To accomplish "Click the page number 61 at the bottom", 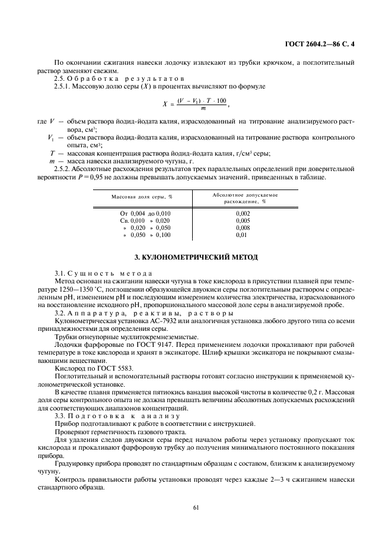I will tap(196, 507).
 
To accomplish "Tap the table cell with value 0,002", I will tap(243, 213).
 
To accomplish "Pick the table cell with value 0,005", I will tap(243, 220).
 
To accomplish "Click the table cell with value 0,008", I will tap(243, 228).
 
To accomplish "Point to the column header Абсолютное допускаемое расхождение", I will tap(244, 197).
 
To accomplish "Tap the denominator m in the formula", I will tap(203, 108).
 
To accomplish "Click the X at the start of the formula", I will tap(165, 103).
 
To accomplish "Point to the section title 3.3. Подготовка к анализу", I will tap(112, 415).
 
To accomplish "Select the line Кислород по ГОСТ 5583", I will tap(94, 368).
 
